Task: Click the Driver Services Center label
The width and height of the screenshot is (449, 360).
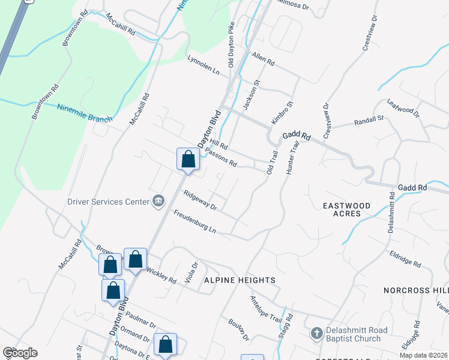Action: pos(108,202)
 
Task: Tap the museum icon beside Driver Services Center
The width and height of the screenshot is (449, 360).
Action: pos(158,200)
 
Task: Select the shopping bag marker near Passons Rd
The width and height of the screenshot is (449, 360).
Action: pos(188,160)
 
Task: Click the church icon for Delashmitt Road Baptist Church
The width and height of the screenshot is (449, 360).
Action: pos(317,332)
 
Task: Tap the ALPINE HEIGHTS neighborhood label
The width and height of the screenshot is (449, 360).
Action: pos(240,280)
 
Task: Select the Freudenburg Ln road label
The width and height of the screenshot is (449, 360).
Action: pos(195,221)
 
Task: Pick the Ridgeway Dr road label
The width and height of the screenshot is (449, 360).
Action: pos(200,200)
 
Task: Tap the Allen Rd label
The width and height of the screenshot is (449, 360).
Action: pos(263,58)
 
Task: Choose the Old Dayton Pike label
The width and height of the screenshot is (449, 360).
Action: pos(231,45)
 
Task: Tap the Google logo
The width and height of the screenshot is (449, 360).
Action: pos(20,353)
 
